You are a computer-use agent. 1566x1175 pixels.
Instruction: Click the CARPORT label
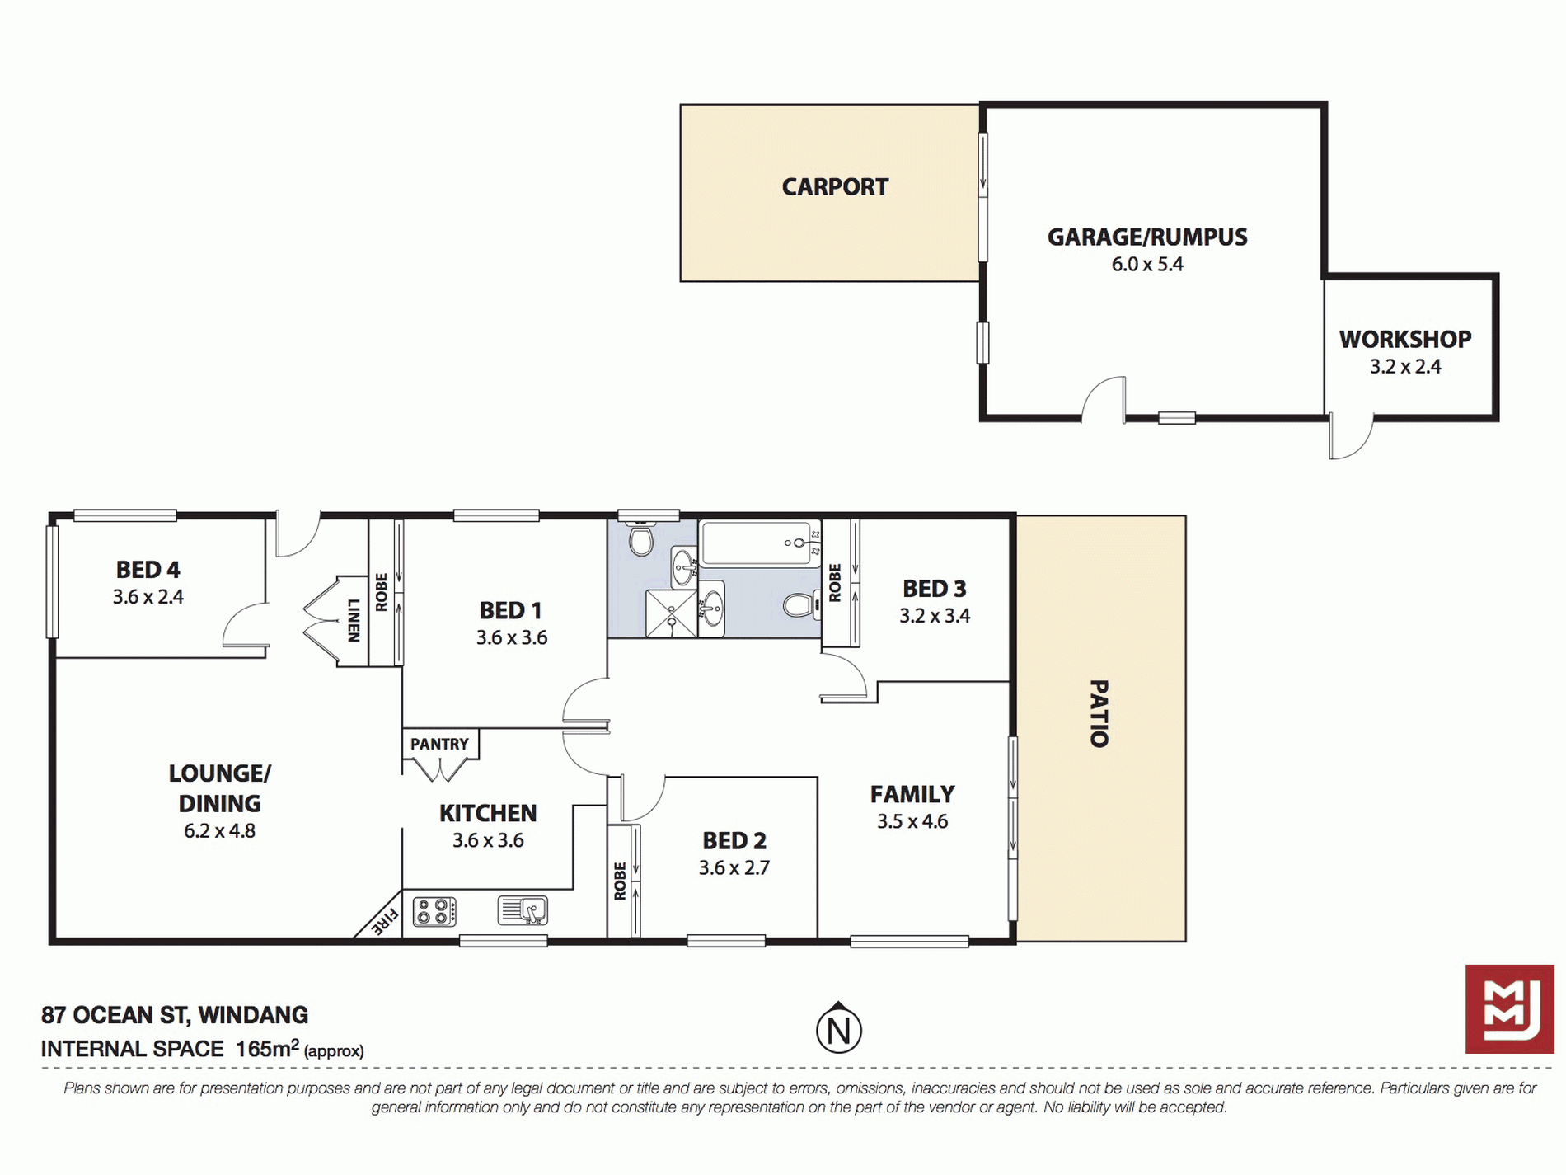(x=835, y=187)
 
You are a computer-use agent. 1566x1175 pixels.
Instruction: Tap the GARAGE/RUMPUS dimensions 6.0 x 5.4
(x=1147, y=265)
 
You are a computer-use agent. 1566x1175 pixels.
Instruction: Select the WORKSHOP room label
(x=1405, y=339)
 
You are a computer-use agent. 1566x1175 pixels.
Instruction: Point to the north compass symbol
(x=839, y=1028)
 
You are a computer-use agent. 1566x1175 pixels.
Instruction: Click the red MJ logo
(x=1510, y=1008)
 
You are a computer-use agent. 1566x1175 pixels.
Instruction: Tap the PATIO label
(x=1099, y=714)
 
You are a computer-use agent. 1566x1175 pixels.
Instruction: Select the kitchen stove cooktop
(x=434, y=911)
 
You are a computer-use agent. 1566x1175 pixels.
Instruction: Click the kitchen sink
(x=523, y=910)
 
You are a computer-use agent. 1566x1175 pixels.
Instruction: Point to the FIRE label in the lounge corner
(x=384, y=920)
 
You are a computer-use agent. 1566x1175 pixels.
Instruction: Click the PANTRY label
(x=439, y=744)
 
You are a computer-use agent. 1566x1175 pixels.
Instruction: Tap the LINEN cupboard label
(x=354, y=620)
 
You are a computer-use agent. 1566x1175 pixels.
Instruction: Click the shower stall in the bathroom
(x=671, y=613)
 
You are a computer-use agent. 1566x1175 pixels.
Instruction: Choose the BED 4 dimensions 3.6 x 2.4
(x=148, y=597)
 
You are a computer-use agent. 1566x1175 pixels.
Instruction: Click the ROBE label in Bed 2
(x=621, y=881)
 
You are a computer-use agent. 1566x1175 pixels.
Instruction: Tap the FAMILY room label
(x=912, y=794)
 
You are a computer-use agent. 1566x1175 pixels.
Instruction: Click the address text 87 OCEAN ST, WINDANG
(x=175, y=1015)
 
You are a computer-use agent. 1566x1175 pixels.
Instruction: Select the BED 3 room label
(x=935, y=589)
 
